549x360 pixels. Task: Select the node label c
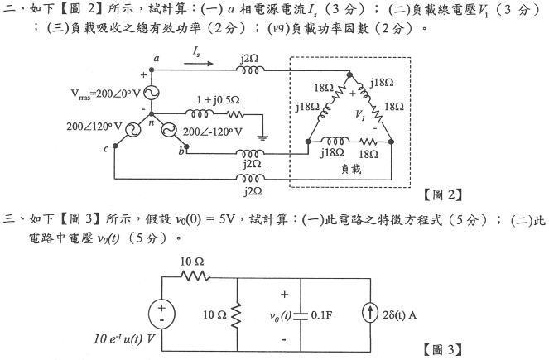tap(107, 150)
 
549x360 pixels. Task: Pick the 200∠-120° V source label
tap(213, 131)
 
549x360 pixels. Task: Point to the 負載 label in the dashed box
tap(351, 168)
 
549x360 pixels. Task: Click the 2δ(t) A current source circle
tap(368, 314)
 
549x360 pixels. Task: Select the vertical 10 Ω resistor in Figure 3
tap(238, 314)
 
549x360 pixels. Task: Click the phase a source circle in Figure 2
tap(152, 94)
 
